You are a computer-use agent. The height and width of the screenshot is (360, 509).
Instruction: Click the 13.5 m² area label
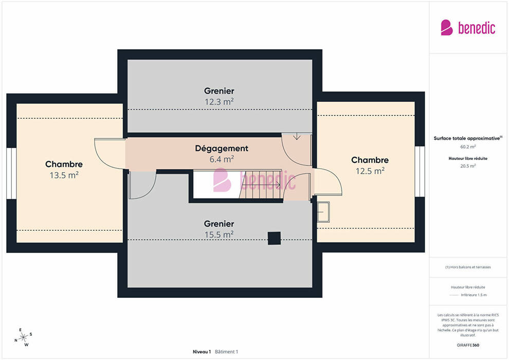pyautogui.click(x=64, y=175)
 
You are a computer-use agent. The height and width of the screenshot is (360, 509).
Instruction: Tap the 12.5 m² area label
pyautogui.click(x=370, y=171)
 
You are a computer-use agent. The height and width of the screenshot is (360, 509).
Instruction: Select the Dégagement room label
pyautogui.click(x=222, y=148)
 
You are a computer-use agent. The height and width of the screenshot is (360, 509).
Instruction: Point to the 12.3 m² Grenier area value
pyautogui.click(x=219, y=102)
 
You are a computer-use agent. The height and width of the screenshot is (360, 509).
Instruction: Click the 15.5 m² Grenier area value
pyautogui.click(x=219, y=235)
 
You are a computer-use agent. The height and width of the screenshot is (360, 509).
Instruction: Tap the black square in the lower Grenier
pyautogui.click(x=275, y=238)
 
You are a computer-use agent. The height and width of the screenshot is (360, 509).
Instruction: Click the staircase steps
pyautogui.click(x=260, y=185)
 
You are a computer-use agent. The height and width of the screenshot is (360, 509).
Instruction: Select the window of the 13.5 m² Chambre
pyautogui.click(x=11, y=173)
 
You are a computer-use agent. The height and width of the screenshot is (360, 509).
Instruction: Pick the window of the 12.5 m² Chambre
pyautogui.click(x=420, y=171)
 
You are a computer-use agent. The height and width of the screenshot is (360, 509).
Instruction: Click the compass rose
pyautogui.click(x=23, y=337)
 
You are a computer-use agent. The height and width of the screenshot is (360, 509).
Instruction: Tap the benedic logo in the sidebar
pyautogui.click(x=468, y=28)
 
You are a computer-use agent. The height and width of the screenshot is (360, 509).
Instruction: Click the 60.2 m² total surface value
pyautogui.click(x=468, y=147)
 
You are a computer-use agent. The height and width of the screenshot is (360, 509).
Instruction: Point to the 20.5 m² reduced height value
pyautogui.click(x=468, y=166)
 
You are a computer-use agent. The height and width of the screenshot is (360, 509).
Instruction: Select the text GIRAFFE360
pyautogui.click(x=468, y=345)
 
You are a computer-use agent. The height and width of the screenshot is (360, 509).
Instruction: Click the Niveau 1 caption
pyautogui.click(x=202, y=352)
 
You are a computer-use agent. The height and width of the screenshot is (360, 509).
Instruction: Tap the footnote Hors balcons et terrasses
pyautogui.click(x=468, y=267)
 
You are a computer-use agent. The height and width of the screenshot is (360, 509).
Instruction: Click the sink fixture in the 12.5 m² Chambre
pyautogui.click(x=323, y=212)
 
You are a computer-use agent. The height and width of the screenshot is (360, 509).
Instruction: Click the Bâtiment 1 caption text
pyautogui.click(x=227, y=352)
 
